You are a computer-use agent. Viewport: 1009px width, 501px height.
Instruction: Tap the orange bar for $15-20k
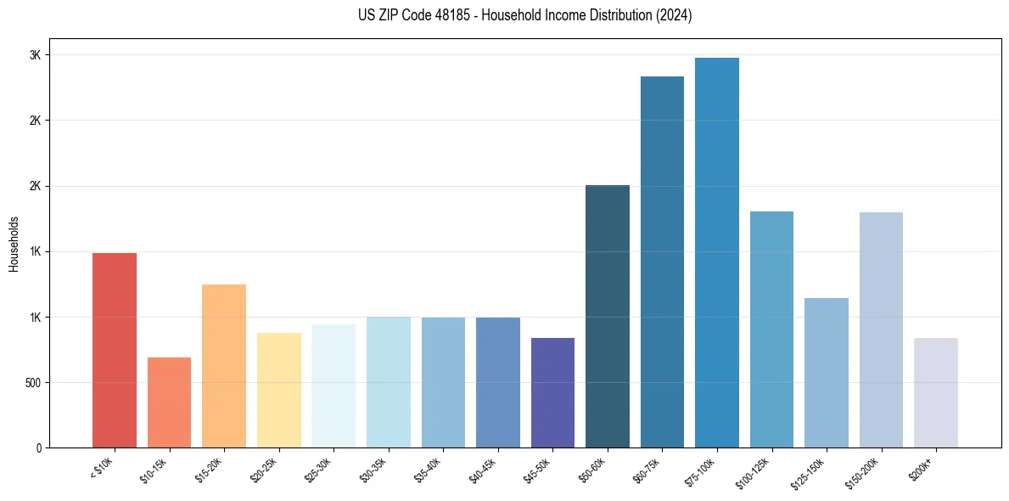click(224, 366)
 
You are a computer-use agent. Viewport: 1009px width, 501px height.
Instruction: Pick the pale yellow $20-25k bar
click(279, 390)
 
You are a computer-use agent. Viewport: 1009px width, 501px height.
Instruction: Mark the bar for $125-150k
click(827, 373)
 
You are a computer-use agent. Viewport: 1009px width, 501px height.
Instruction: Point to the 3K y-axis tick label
click(36, 55)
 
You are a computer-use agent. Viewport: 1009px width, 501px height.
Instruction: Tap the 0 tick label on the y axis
click(38, 448)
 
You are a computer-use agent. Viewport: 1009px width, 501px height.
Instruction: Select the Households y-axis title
click(14, 243)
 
